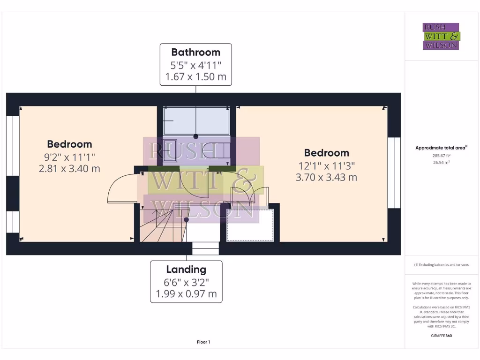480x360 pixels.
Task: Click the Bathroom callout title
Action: coord(195,52)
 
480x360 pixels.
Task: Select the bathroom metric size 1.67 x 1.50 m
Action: coord(195,76)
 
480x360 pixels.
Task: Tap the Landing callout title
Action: coord(186,270)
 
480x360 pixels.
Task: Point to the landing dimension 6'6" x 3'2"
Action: coord(186,282)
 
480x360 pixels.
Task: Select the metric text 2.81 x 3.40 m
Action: coord(69,169)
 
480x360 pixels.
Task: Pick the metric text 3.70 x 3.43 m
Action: coord(326,177)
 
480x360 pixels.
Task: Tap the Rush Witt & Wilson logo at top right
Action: coord(441,37)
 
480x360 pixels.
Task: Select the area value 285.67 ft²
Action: coord(441,155)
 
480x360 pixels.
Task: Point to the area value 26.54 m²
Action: coord(441,162)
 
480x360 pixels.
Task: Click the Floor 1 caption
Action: coord(203,342)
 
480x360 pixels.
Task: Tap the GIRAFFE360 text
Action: coord(441,336)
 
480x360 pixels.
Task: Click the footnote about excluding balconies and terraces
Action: coord(441,265)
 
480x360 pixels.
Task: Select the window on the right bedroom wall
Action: coord(394,172)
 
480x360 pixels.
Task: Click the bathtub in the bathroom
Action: coord(196,120)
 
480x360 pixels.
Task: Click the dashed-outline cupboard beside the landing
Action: coord(250,225)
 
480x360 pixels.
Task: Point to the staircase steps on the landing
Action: coord(159,227)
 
